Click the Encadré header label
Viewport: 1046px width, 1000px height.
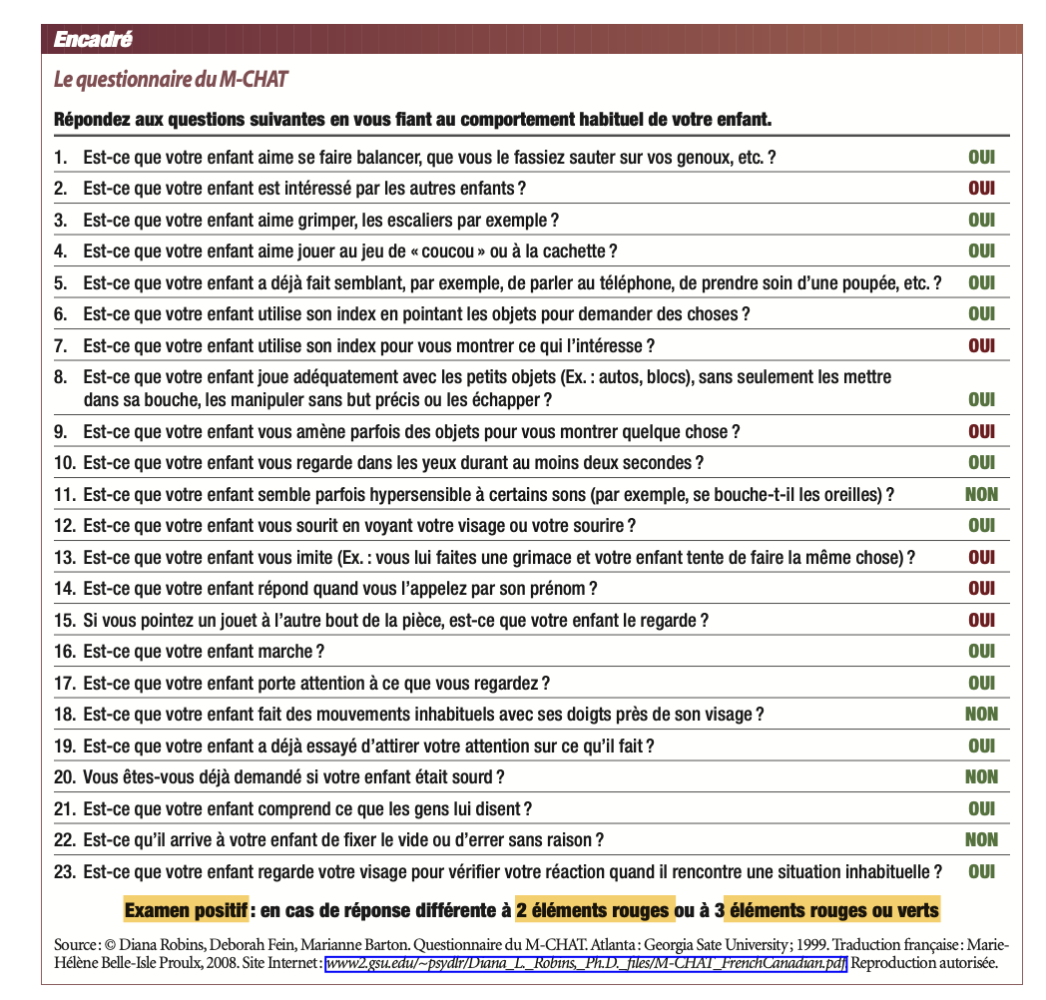point(92,40)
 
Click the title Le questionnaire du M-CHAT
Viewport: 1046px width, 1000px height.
point(171,79)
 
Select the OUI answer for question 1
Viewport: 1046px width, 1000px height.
point(981,158)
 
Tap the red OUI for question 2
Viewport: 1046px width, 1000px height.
point(981,189)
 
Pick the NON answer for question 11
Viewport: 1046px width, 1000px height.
point(981,494)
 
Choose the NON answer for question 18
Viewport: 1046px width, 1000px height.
point(981,714)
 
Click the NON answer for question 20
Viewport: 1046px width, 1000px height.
point(981,776)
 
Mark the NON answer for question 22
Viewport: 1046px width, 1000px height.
point(981,839)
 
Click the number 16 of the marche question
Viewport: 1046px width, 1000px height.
point(64,652)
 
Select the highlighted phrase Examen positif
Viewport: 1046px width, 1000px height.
point(186,910)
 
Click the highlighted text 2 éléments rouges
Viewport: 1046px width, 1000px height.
point(593,910)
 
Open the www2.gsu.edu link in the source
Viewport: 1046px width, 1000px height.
point(586,963)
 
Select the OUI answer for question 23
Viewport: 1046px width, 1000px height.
point(981,871)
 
